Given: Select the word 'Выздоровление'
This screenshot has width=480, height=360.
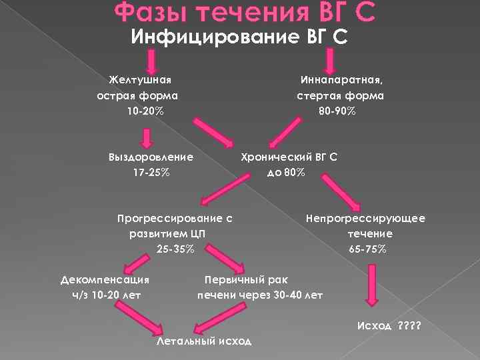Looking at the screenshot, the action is tap(151, 157).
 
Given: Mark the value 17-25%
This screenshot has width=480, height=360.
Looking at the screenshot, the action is tap(151, 173).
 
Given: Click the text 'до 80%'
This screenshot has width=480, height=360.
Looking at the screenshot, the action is tap(286, 173).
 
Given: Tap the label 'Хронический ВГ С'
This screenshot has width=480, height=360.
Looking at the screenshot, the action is tap(289, 157).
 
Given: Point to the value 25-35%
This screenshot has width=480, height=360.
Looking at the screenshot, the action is tap(175, 249).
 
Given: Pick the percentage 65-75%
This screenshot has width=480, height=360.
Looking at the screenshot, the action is tap(367, 249).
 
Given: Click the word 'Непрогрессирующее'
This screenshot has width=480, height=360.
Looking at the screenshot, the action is tap(365, 219).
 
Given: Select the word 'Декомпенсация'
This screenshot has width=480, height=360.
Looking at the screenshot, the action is tap(105, 279).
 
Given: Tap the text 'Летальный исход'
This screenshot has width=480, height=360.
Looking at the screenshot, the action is tap(204, 341).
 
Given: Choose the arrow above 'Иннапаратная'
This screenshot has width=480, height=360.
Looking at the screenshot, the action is tap(331, 61).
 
